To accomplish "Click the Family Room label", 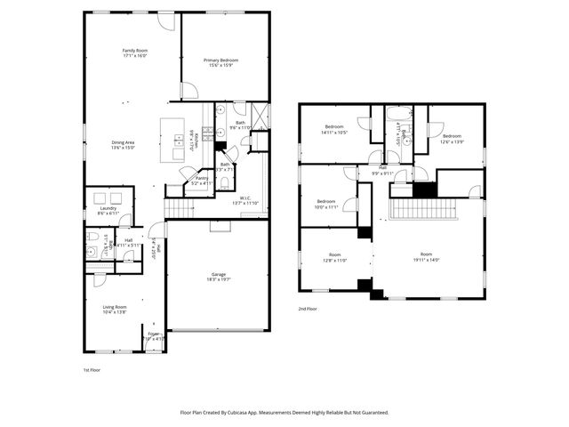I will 133,53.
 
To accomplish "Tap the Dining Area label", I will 123,145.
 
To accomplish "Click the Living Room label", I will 115,310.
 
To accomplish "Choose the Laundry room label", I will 108,211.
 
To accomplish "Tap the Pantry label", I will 201,181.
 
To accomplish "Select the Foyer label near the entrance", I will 154,335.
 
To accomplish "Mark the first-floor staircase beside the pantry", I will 180,208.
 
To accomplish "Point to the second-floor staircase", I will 423,209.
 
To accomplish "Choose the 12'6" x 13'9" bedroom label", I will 452,139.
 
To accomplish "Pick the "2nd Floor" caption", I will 309,309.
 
